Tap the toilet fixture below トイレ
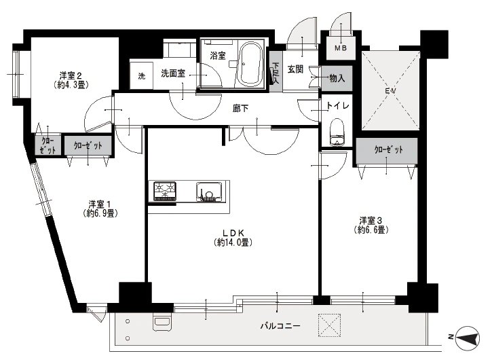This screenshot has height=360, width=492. (x=337, y=132)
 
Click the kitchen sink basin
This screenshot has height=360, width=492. (x=208, y=192)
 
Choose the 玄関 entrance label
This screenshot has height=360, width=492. (x=295, y=69)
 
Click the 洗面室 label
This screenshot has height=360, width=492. (x=173, y=73)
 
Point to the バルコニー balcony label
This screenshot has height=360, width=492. (x=280, y=326)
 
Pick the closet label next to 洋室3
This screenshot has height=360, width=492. (x=385, y=149)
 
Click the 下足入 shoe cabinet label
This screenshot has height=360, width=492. (x=276, y=73)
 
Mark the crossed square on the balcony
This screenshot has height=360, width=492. (x=329, y=325)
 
